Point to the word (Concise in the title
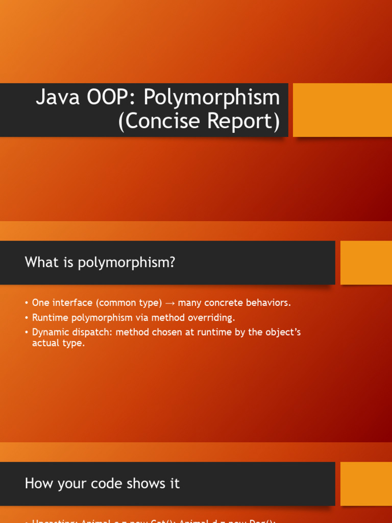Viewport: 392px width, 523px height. (155, 122)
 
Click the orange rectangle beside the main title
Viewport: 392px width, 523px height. (342, 110)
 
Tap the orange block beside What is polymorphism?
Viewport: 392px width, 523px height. (366, 263)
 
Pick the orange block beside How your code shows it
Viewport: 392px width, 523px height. (366, 484)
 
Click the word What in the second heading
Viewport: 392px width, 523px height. (41, 263)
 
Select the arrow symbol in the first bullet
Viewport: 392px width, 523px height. (170, 303)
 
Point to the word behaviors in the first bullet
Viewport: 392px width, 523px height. (268, 303)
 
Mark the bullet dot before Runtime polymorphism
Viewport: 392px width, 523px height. (27, 318)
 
